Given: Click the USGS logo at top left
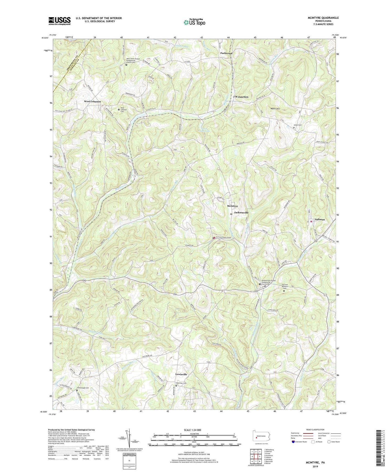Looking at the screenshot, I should (60, 21).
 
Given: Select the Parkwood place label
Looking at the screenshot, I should (226, 53).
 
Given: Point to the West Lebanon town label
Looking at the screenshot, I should (92, 101).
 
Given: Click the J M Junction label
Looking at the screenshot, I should (241, 97).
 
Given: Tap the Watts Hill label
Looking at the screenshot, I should (275, 109).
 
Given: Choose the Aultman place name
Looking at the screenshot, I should (320, 220).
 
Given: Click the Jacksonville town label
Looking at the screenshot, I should (241, 212).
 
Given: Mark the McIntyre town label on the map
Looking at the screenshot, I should (232, 206).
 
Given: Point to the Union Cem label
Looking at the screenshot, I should (298, 125).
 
